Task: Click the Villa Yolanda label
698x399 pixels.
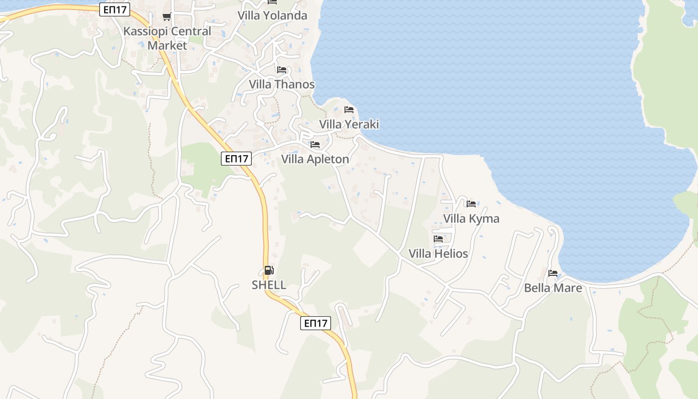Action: [272, 15]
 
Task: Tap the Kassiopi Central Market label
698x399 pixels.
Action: [168, 38]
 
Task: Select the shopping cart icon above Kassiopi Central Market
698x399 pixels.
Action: [167, 17]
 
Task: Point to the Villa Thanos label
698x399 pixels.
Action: [282, 84]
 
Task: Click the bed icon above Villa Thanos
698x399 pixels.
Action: [282, 70]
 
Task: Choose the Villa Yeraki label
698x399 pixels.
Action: [349, 124]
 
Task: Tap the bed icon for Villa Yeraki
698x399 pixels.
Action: [349, 110]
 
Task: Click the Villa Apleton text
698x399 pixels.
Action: [315, 159]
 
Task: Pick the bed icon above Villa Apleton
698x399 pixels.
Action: [315, 145]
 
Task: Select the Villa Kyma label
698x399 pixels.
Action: [471, 218]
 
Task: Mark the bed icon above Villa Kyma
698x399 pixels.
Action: [471, 203]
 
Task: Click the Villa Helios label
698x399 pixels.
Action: [438, 253]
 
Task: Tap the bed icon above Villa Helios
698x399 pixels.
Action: [438, 239]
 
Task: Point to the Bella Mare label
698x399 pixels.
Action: [553, 288]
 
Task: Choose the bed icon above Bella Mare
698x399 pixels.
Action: [553, 273]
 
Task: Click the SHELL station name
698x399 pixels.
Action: [269, 285]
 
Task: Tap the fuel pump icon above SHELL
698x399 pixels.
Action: [269, 270]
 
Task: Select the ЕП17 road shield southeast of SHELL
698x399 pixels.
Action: [316, 323]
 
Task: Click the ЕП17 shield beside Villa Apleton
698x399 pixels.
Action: [236, 159]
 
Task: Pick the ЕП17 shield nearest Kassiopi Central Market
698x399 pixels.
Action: [115, 9]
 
